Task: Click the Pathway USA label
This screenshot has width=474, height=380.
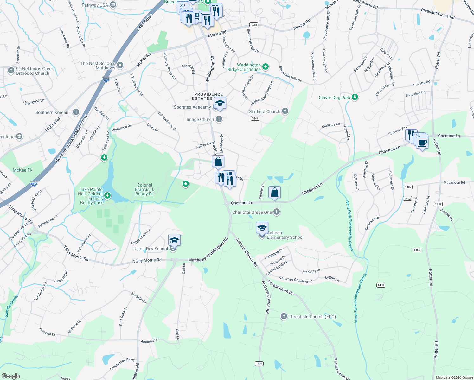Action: point(95,5)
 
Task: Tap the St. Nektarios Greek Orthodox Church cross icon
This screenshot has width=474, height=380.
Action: point(11,71)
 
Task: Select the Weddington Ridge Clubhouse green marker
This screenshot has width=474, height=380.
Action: point(266,67)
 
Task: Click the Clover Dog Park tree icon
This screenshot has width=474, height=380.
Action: point(355,97)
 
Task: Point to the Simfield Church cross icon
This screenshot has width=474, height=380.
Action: point(285,111)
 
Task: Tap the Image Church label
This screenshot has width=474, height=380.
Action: point(200,119)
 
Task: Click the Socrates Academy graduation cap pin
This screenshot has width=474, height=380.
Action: point(220,103)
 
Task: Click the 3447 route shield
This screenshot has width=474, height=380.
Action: point(255,118)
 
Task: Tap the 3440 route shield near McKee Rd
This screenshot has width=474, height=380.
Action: point(254,25)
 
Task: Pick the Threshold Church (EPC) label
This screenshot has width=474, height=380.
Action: point(312,317)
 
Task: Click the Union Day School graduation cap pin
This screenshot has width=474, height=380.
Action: point(174,240)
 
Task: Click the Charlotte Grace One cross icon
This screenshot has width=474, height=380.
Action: point(277,212)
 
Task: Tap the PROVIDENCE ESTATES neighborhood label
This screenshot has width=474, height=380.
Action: point(208,96)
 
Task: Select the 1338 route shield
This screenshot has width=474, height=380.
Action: point(259,363)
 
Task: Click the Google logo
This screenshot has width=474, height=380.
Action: point(10,376)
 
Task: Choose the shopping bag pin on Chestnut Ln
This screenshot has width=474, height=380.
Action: point(274,192)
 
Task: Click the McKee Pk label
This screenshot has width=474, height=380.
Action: point(22,170)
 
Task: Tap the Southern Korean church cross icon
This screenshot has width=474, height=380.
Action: point(76,112)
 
